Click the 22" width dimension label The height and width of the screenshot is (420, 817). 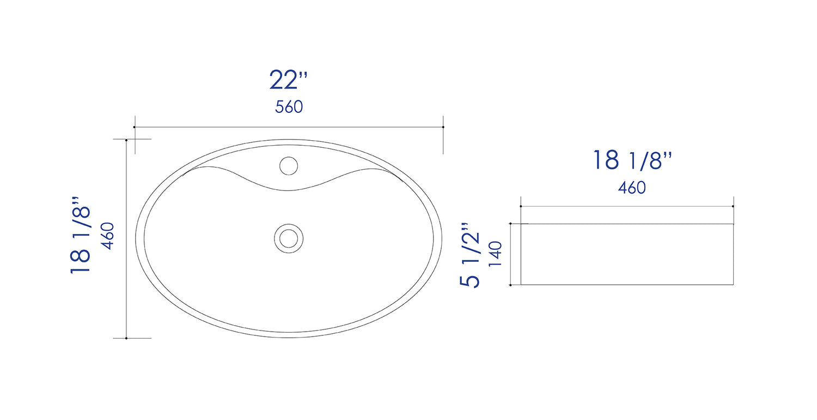(x=288, y=81)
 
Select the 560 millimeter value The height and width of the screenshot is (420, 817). (x=289, y=107)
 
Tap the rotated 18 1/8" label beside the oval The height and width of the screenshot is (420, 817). (x=80, y=239)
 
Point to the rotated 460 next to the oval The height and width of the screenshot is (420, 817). (x=107, y=236)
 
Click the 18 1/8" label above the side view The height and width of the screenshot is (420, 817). (x=632, y=160)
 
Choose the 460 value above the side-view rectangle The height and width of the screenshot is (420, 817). (x=632, y=188)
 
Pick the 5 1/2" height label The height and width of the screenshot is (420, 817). (x=470, y=255)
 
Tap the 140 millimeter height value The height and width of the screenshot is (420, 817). (x=495, y=254)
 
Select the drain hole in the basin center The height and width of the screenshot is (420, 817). (x=288, y=237)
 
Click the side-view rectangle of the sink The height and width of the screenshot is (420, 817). (x=626, y=254)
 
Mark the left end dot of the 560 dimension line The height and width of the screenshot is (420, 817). (x=134, y=127)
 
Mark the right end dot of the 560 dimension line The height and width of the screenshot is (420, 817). (x=443, y=127)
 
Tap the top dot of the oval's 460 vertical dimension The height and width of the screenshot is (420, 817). (x=126, y=140)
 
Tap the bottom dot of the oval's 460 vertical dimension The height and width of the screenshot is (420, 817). (x=126, y=338)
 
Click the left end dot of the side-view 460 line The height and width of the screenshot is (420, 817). (x=521, y=206)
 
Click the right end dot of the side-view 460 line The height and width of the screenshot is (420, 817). (x=733, y=206)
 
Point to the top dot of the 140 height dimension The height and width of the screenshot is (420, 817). (x=510, y=224)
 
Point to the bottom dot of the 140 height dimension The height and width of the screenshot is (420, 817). (x=510, y=285)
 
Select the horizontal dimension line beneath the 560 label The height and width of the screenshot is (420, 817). (x=289, y=127)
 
